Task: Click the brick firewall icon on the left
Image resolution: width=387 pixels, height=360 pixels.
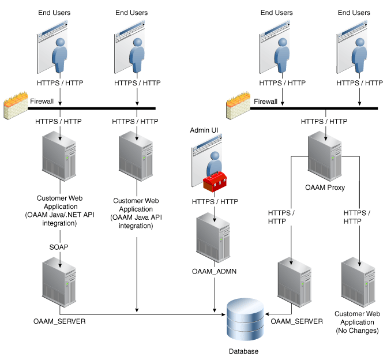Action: coord(15,104)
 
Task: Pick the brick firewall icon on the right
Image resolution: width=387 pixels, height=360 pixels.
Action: coord(238,104)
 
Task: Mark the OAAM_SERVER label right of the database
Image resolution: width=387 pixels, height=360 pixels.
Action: coord(296,321)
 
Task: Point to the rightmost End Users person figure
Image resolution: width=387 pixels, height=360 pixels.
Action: coord(355,55)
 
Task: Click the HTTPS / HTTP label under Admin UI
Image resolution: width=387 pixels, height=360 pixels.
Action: coord(215,201)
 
